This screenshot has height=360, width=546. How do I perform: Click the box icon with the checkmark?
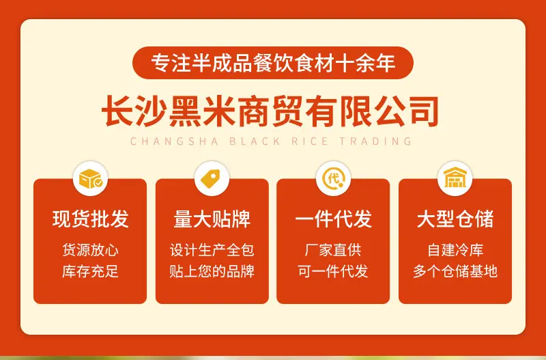91,179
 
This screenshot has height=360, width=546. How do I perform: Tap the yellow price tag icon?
211,179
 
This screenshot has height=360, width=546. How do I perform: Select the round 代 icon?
333,179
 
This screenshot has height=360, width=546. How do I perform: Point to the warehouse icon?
455,178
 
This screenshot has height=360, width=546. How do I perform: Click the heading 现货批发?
91,219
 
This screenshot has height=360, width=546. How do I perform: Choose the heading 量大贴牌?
212,219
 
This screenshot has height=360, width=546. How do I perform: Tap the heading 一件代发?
333,219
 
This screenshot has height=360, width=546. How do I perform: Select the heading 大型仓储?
455,219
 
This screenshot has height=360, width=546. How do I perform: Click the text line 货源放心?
91,250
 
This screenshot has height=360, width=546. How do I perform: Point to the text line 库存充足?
91,271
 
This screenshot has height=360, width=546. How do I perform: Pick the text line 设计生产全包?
212,250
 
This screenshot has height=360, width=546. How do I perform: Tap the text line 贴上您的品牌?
212,271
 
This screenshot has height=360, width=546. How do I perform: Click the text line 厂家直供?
333,250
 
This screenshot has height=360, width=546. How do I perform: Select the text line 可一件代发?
333,271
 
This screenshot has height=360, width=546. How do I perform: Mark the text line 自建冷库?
455,250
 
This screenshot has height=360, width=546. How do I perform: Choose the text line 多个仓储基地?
455,271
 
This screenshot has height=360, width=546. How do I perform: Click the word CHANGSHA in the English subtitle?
174,141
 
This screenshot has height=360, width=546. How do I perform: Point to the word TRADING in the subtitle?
376,141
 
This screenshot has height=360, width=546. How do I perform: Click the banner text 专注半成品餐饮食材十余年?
273,63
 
